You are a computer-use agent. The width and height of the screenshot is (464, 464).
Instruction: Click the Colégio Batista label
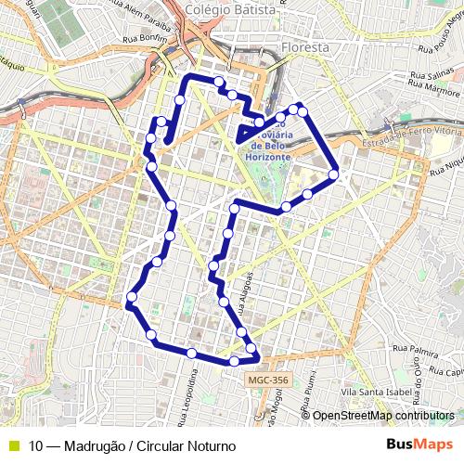click(230, 9)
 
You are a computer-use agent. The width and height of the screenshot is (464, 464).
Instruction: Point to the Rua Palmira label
click(415, 352)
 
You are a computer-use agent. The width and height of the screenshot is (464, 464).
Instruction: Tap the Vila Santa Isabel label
click(376, 393)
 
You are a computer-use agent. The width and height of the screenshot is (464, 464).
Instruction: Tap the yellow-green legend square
click(12, 445)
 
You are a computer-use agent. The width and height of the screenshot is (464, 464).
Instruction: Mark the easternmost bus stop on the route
click(333, 174)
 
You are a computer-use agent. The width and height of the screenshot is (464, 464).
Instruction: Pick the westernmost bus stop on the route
click(132, 297)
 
